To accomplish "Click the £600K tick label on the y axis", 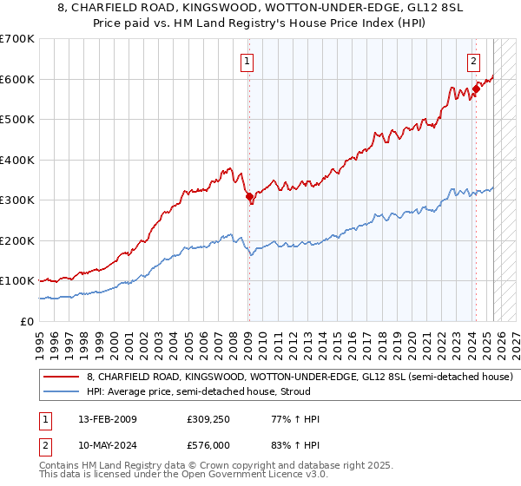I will [17, 79].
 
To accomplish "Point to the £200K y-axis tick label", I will [17, 240].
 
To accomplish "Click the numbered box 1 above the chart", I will [247, 61].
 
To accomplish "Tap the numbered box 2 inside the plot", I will [473, 61].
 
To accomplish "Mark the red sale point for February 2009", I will [250, 197].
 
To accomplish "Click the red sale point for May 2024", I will [477, 89].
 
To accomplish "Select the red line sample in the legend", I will [61, 378].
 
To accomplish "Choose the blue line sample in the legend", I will [61, 391].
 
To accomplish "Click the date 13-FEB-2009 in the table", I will [108, 419].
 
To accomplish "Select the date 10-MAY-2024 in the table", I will [108, 445].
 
